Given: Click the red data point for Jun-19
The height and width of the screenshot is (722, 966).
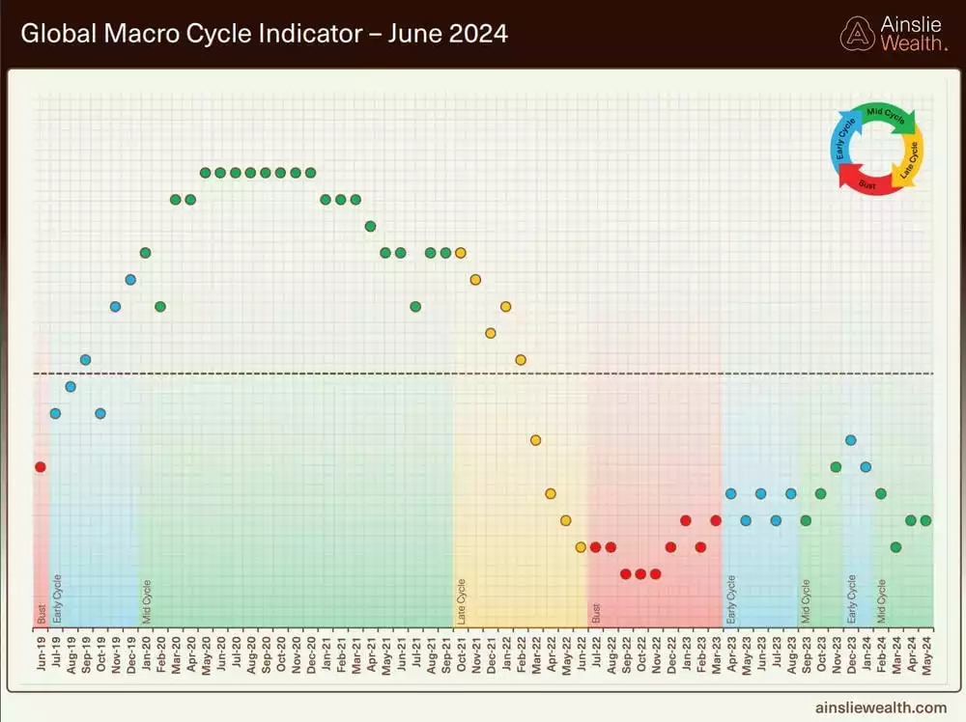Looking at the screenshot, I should click(40, 466).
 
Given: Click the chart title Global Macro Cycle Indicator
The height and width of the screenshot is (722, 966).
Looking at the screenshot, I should click(264, 34).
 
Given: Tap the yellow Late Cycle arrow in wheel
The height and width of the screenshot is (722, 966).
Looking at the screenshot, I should click(910, 159).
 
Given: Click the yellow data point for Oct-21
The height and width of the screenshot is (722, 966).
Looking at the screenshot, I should click(460, 253).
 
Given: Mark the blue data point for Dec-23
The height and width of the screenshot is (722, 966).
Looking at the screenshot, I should click(850, 440).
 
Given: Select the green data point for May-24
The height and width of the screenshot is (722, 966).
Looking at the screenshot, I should click(925, 520).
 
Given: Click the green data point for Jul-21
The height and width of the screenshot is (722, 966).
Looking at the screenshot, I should click(415, 306).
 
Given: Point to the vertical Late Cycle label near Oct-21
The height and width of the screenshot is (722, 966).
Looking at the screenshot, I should click(461, 601).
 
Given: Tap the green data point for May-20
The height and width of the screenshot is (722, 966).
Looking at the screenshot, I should click(205, 173).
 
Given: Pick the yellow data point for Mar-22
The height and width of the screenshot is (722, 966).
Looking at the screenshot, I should click(535, 440).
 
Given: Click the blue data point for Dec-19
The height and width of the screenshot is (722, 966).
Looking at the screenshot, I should click(130, 280).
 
